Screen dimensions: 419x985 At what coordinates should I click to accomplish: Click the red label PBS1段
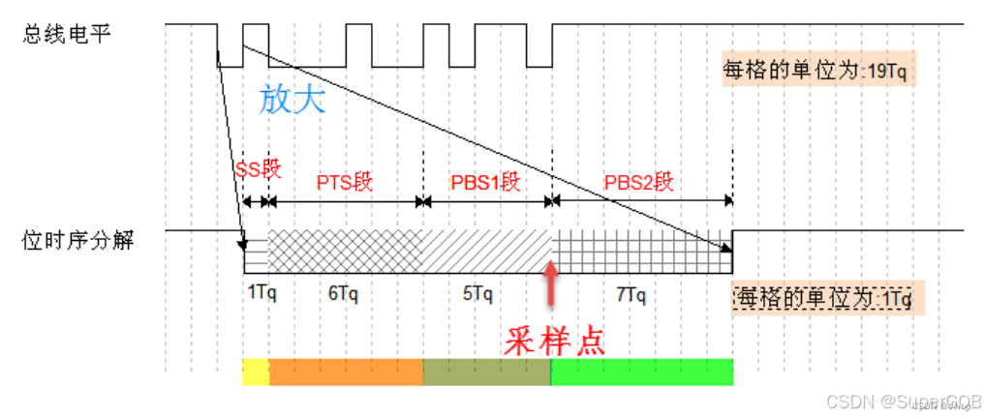486,182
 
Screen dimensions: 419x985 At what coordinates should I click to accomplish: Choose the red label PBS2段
638,182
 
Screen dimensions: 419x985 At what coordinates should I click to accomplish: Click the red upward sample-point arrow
551,282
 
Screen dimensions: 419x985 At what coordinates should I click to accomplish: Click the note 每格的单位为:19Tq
815,71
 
